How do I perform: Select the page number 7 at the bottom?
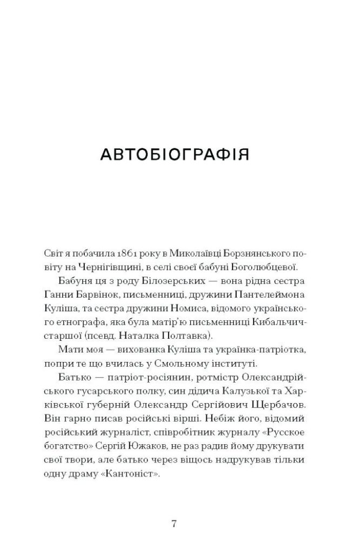174,524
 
